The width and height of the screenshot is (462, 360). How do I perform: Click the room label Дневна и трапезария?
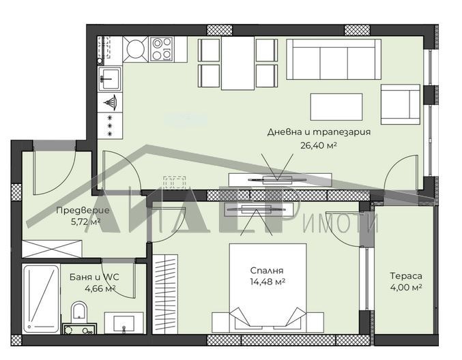tap(319, 132)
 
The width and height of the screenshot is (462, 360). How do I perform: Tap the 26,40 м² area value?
tap(319, 145)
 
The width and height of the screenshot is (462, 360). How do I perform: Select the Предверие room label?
tap(78, 211)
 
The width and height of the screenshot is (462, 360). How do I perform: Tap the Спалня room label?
tap(266, 269)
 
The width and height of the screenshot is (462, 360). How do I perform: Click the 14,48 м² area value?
tap(266, 281)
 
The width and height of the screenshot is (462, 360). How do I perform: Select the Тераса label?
tap(405, 276)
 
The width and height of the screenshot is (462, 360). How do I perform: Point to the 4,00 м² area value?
tap(405, 288)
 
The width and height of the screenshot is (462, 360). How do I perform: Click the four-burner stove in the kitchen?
tap(162, 48)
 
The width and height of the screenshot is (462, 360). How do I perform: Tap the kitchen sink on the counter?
tap(109, 78)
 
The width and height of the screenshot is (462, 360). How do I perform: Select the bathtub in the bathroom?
tap(40, 299)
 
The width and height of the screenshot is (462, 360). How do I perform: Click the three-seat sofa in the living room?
tap(333, 59)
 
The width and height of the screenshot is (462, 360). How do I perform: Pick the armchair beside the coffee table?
tap(400, 104)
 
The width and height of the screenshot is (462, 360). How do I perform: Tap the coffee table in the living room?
tap(336, 106)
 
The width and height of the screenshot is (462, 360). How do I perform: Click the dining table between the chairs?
tap(237, 62)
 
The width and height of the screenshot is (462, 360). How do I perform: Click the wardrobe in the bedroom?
tap(164, 293)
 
